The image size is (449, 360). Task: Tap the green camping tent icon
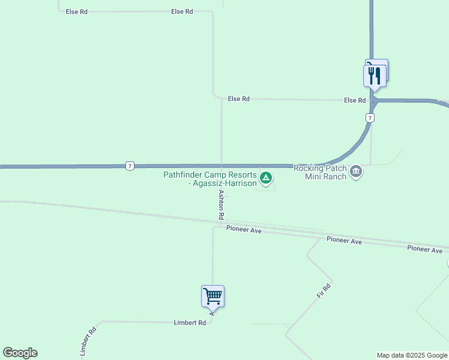(266, 178)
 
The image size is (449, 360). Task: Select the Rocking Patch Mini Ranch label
(320, 172)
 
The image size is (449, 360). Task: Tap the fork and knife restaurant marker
(375, 76)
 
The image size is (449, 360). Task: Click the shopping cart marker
(212, 295)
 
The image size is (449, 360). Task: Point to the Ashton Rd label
(221, 204)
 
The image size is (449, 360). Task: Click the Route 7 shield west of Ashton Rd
(130, 166)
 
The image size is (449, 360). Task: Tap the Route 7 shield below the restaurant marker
(371, 118)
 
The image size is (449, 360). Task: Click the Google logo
(20, 353)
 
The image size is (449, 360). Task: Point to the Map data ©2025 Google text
(412, 355)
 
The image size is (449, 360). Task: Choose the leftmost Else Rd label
(77, 12)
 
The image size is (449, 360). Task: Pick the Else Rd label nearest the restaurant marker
(355, 100)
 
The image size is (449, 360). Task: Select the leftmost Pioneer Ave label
(244, 229)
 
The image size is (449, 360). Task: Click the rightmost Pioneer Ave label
(424, 249)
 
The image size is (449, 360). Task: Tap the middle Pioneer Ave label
(344, 241)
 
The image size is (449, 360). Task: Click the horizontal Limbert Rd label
(190, 322)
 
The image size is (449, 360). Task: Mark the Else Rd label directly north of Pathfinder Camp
(238, 99)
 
